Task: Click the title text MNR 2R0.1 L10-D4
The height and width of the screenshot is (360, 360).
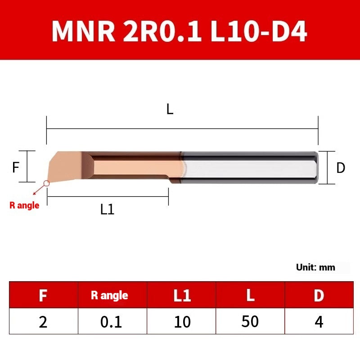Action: (179, 31)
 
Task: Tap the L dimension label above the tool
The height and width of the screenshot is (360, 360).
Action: (170, 109)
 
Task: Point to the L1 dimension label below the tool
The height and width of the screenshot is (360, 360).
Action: (107, 209)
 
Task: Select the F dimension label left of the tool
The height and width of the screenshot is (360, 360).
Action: (16, 167)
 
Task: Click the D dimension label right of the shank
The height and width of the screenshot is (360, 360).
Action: (341, 168)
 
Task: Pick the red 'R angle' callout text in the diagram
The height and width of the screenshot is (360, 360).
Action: (24, 206)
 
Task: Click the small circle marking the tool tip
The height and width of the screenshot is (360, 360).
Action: (46, 184)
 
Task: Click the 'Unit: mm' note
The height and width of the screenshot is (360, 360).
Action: (315, 267)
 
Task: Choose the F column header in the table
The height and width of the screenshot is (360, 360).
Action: (43, 295)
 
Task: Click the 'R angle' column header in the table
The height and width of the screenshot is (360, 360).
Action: (109, 295)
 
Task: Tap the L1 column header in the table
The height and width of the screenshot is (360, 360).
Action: (182, 295)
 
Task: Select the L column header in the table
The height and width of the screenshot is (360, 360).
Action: (250, 295)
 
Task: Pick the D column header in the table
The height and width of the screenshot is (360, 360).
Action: (319, 295)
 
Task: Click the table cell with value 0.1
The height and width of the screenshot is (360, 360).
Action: (112, 321)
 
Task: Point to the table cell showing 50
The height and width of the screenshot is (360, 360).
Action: (250, 321)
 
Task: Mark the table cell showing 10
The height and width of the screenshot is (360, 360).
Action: (182, 321)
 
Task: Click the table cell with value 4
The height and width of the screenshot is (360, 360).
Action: (319, 321)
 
